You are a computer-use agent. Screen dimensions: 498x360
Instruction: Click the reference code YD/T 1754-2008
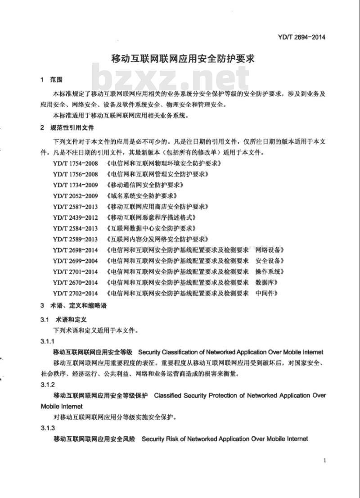(75, 163)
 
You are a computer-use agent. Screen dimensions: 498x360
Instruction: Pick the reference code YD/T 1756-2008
(75, 174)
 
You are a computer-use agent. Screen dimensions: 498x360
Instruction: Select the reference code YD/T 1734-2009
(75, 185)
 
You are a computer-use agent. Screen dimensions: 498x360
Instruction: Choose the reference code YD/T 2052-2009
(75, 195)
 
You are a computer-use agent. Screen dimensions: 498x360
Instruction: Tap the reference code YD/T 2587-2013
(75, 206)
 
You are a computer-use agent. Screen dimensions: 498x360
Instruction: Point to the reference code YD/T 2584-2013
(75, 228)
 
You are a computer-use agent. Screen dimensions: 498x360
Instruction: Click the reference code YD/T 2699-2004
(75, 261)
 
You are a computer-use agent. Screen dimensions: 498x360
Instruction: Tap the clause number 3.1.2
(47, 385)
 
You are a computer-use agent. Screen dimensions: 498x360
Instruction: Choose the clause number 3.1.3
(47, 428)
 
